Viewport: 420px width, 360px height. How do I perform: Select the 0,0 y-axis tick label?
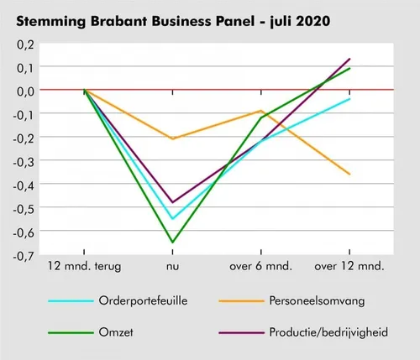(x=24, y=89)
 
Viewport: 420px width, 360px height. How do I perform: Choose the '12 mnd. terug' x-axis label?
(x=85, y=267)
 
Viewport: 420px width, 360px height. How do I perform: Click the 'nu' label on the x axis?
(x=173, y=267)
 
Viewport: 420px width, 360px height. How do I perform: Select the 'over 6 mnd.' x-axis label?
(x=261, y=267)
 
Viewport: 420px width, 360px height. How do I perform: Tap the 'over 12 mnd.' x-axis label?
(x=349, y=267)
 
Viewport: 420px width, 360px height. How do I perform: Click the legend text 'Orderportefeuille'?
(x=137, y=300)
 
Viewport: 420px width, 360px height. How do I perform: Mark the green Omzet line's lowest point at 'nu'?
(x=173, y=243)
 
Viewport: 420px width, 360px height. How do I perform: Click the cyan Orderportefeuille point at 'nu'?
(x=173, y=218)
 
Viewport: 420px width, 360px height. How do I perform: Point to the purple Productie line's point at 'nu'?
(x=173, y=202)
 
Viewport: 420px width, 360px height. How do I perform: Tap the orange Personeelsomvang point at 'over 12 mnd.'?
(x=349, y=174)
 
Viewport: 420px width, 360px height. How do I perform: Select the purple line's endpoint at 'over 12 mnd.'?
(x=349, y=59)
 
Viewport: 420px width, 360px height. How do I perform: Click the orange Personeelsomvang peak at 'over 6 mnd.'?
(x=261, y=111)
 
